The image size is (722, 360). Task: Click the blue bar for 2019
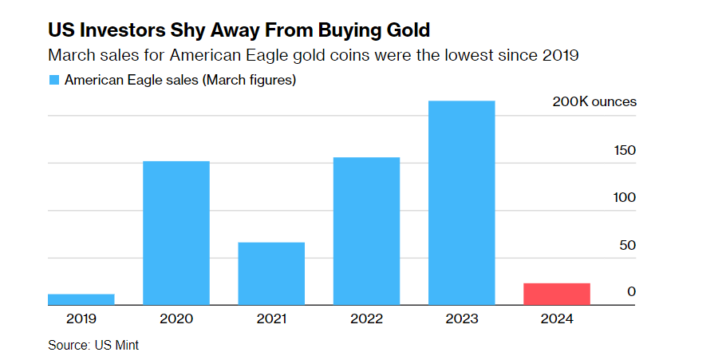[81, 299]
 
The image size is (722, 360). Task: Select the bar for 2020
[176, 233]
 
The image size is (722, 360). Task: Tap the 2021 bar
[271, 273]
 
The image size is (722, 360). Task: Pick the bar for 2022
[366, 231]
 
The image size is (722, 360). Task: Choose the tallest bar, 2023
[461, 203]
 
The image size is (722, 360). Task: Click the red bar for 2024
[557, 294]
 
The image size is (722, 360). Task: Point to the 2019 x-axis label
[81, 318]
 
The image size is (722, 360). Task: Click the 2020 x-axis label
[176, 318]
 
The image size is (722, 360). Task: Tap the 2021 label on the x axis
[271, 318]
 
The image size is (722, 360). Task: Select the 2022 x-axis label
[366, 318]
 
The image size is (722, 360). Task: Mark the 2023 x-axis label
[461, 318]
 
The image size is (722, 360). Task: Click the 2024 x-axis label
[557, 318]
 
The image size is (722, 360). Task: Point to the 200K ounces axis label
[594, 102]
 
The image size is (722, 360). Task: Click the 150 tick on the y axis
[625, 150]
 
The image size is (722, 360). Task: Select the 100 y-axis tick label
[625, 197]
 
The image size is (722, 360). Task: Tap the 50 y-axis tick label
[628, 244]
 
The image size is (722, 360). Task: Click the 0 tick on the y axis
[631, 292]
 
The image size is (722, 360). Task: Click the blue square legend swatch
[54, 80]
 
